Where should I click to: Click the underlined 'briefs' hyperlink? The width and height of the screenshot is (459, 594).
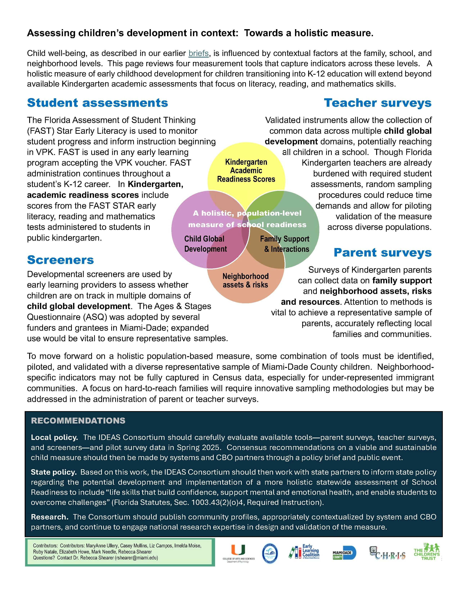point(199,53)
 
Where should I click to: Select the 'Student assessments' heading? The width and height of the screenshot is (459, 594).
point(97,103)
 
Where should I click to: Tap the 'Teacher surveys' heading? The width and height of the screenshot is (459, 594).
point(377,103)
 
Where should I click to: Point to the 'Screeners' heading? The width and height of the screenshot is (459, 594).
point(60,260)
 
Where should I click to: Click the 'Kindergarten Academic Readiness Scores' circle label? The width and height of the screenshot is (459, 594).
point(246,170)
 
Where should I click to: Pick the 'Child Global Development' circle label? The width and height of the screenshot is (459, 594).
point(205,244)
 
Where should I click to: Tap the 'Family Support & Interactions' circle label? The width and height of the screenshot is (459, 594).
point(285,244)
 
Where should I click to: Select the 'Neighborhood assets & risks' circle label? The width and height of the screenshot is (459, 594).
point(246,280)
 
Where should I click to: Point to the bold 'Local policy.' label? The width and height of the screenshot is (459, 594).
point(54,437)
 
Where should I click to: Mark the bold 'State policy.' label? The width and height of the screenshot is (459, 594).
point(54,472)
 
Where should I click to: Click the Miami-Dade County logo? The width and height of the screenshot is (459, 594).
point(344,553)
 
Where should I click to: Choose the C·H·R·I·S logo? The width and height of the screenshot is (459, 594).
point(387,553)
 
